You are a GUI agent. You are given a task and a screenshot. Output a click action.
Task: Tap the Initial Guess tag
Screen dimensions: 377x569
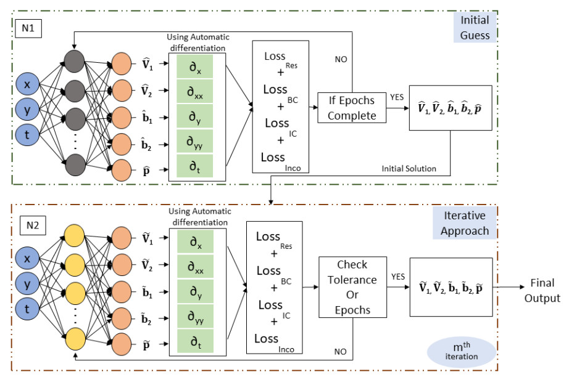click(x=475, y=28)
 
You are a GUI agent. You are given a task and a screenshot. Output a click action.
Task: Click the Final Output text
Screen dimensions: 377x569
click(x=542, y=291)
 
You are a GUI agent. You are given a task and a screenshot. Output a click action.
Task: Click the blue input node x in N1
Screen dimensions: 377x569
click(x=27, y=82)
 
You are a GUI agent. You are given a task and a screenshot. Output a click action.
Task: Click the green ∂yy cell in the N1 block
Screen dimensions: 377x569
click(x=194, y=140)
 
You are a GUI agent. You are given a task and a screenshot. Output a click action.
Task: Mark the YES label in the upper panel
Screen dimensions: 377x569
click(x=396, y=97)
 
